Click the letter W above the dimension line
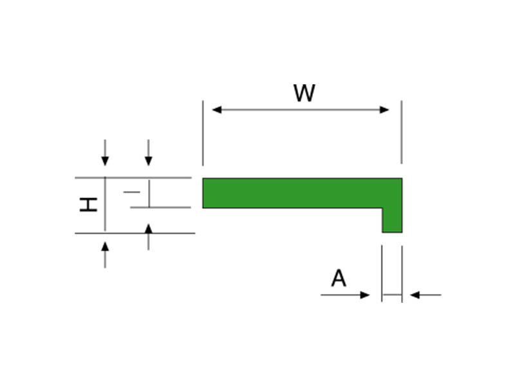coord(304,93)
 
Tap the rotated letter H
coord(89,205)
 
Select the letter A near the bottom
coord(339,279)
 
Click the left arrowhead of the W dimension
coord(217,110)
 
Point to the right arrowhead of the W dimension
coord(384,110)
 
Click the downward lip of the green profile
coord(392,220)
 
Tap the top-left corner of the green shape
coord(203,179)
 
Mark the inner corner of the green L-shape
coord(382,208)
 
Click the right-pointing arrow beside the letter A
coord(365,295)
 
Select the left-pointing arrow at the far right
coord(415,295)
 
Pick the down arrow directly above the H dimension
coord(105,161)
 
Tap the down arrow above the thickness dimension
coord(149,161)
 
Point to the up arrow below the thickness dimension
coord(149,229)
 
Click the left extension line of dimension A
coord(382,270)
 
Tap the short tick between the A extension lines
coord(391,295)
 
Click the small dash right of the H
coord(131,192)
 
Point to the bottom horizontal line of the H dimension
coord(135,233)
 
